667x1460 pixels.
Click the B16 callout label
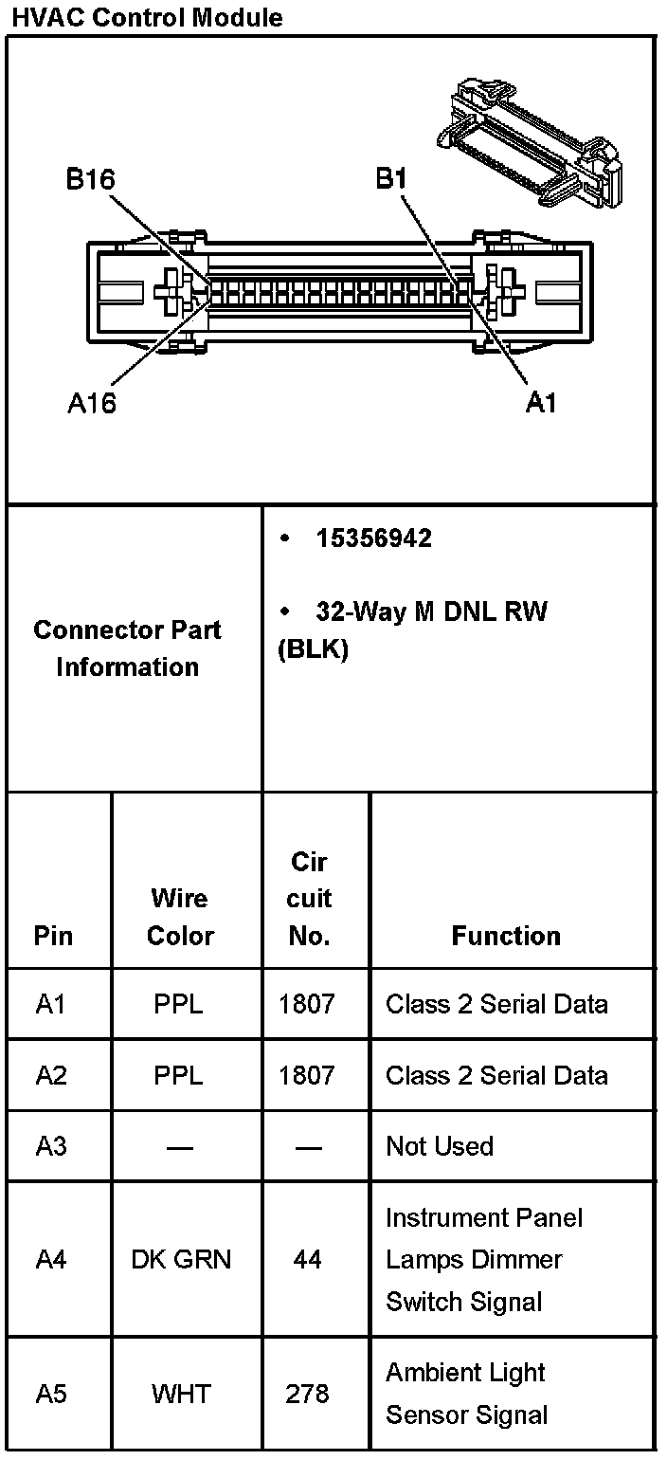click(x=91, y=179)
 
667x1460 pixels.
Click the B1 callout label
click(x=391, y=179)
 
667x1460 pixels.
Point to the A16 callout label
click(x=91, y=403)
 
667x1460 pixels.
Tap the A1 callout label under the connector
click(x=541, y=403)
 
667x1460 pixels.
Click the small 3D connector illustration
click(x=532, y=142)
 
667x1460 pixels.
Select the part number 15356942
click(x=373, y=538)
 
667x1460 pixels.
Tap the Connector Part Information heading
click(x=127, y=648)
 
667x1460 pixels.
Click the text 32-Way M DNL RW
click(x=431, y=611)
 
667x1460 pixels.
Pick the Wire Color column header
click(x=179, y=917)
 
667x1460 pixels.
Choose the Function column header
click(x=506, y=936)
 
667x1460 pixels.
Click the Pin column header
click(x=53, y=936)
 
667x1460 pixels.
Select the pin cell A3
click(x=51, y=1146)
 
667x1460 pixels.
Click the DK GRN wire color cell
click(x=180, y=1259)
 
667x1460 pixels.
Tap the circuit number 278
click(x=307, y=1394)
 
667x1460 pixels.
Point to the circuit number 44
click(x=307, y=1259)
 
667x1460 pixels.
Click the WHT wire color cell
click(x=179, y=1394)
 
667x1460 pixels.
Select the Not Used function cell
click(x=440, y=1146)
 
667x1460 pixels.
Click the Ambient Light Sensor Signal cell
click(x=466, y=1394)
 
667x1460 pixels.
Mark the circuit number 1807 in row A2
click(x=307, y=1075)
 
